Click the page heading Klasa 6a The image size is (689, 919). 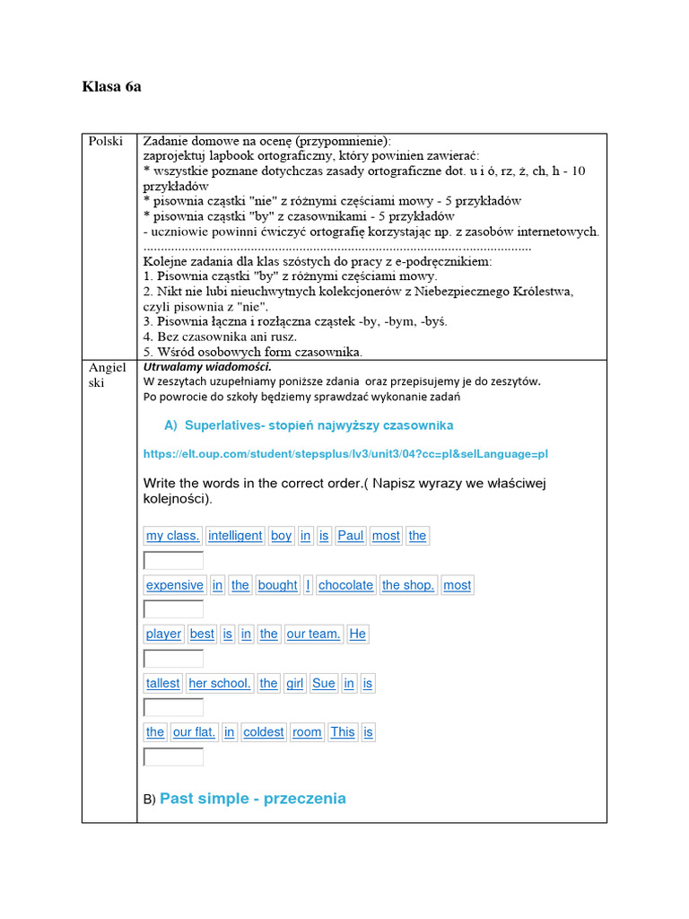point(111,87)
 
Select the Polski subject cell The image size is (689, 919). point(105,142)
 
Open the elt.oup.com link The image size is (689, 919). point(345,454)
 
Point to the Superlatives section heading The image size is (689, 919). point(309,424)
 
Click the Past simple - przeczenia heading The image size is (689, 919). point(252,799)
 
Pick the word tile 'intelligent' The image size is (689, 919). point(235,536)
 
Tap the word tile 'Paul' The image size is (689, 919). point(351,536)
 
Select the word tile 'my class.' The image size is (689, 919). point(172,536)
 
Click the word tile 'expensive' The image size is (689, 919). point(175,585)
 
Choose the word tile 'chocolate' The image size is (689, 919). point(345,585)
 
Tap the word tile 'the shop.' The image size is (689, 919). point(408,585)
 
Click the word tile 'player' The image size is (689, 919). point(163,634)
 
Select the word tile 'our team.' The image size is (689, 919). point(313,634)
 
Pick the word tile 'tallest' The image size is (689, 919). point(163,683)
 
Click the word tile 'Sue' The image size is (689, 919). point(324,683)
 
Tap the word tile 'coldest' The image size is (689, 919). point(264,732)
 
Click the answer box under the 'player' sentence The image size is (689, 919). point(174,659)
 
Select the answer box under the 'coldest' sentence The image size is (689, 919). point(174,757)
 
